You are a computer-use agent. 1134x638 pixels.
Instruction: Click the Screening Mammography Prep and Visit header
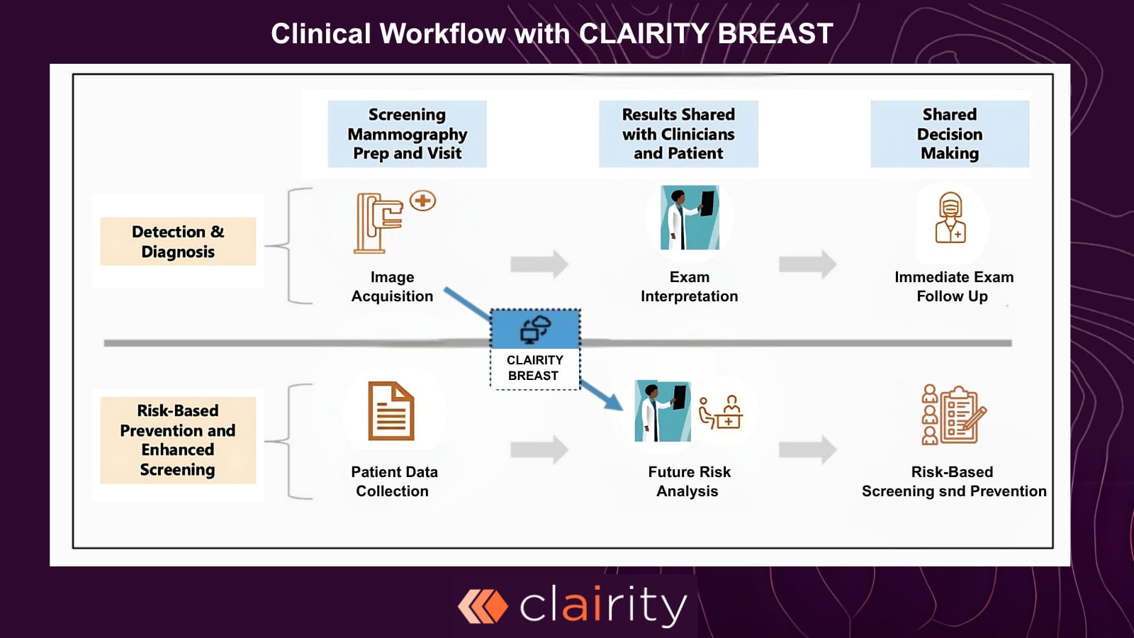[407, 134]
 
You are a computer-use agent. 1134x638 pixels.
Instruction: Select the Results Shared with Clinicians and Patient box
[678, 134]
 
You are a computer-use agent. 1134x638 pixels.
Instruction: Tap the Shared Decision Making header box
[950, 134]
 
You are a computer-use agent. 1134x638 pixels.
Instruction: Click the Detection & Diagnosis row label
[178, 242]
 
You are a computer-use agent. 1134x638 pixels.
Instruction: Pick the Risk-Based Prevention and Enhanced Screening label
[178, 440]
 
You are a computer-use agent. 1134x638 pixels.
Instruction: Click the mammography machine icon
[378, 223]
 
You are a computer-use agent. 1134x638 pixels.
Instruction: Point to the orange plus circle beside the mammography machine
[423, 201]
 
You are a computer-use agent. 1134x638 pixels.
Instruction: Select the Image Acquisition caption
[392, 286]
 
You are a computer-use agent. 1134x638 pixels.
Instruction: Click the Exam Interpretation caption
[689, 286]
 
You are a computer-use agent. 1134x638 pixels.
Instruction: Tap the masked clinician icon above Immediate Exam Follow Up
[950, 218]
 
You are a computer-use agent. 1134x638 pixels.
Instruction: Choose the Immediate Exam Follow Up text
[953, 286]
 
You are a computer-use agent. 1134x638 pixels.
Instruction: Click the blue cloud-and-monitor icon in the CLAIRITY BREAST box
[535, 330]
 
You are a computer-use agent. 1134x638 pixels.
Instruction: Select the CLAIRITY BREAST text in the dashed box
[534, 368]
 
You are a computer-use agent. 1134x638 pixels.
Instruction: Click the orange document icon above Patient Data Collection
[391, 411]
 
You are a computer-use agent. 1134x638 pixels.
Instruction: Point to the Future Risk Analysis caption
[689, 481]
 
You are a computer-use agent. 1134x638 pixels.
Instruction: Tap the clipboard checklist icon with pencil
[962, 415]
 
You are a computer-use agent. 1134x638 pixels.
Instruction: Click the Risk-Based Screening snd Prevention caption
[953, 481]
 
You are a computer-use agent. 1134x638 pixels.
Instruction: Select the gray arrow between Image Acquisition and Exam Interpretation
[539, 264]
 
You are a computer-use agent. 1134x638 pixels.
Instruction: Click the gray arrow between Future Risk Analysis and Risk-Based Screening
[807, 449]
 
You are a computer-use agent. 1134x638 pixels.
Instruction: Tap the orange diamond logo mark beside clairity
[483, 607]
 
